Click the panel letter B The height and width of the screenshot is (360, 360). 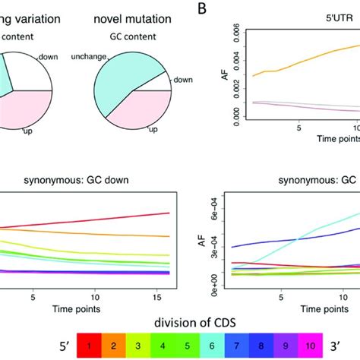(202, 9)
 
